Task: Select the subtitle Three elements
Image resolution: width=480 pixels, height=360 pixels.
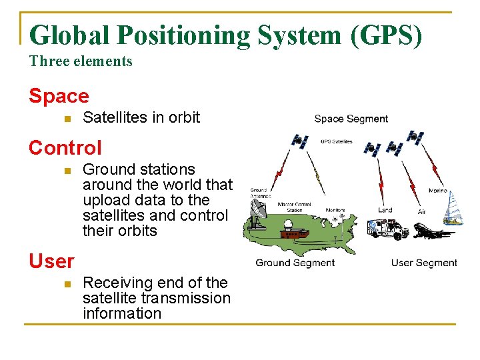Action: point(81,61)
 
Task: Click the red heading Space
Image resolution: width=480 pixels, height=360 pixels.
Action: point(59,97)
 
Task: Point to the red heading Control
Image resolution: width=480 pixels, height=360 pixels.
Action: point(65,147)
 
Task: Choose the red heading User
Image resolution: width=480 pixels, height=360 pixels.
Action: point(51,261)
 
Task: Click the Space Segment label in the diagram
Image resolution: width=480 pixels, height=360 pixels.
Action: point(351,119)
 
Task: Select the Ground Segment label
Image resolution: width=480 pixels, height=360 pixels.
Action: point(295,263)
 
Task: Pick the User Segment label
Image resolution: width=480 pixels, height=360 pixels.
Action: point(424,263)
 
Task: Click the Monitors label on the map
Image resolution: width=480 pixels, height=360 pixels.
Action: point(335,210)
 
